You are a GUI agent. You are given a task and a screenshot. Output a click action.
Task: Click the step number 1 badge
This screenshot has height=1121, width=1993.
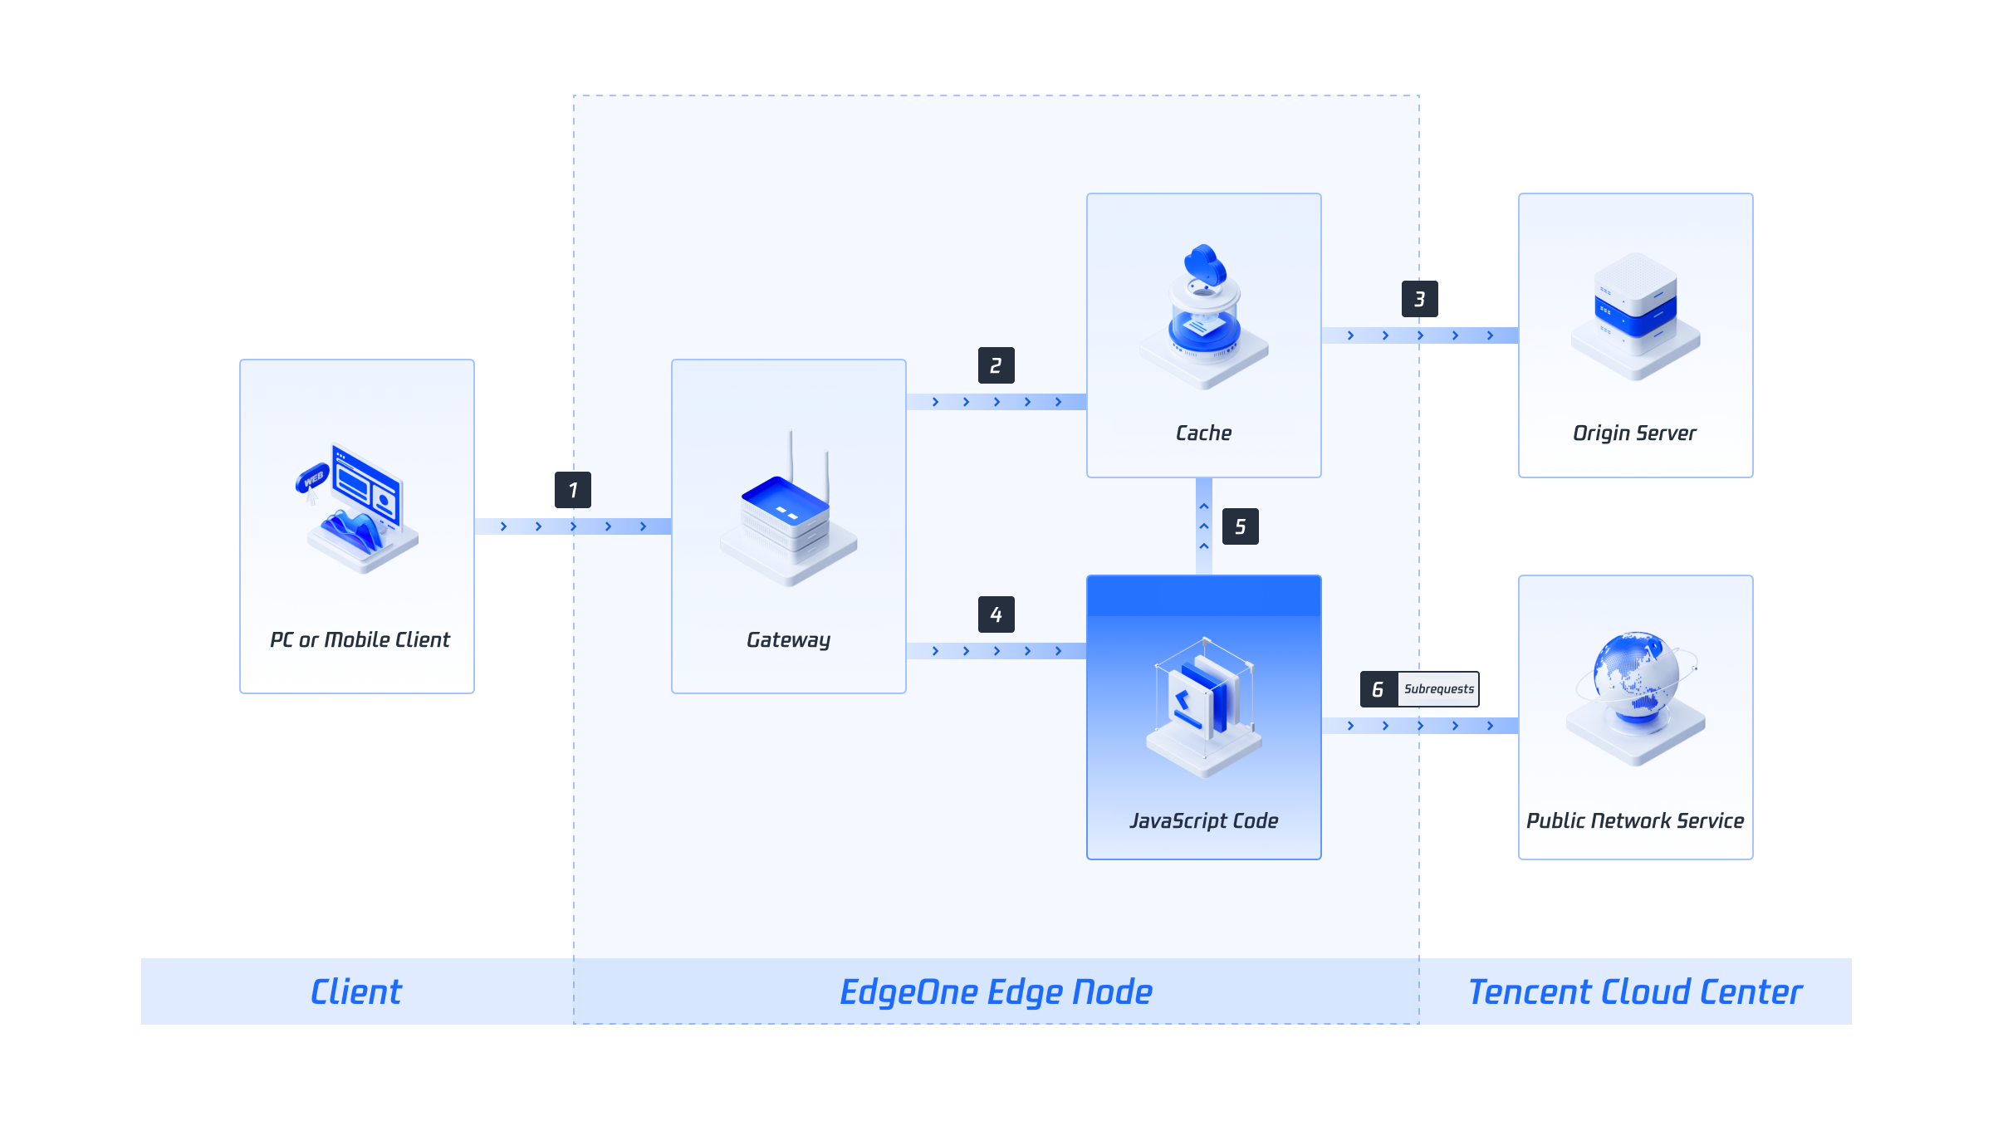572,490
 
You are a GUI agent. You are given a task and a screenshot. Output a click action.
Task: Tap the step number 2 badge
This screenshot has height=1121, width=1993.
996,365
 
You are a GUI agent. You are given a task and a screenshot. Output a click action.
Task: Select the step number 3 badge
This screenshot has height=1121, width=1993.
1419,299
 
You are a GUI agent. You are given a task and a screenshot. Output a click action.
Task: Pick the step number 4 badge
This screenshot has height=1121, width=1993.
996,614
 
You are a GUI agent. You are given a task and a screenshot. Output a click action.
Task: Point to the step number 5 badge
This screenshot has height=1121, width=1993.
1240,526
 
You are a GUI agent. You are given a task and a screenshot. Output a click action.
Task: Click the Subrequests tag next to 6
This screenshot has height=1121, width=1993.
1438,689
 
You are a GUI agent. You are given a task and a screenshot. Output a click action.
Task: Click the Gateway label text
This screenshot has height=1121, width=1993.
788,640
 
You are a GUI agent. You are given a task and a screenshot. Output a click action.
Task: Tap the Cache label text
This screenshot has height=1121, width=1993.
1203,433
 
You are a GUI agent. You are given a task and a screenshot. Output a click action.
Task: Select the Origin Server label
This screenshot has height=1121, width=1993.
1634,433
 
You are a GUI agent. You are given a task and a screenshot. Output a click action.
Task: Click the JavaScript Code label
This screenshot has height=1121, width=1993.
1203,821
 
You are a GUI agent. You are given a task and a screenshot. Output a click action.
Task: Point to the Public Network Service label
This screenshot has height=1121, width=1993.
1634,821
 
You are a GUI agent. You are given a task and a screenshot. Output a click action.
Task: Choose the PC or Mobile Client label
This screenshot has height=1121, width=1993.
359,640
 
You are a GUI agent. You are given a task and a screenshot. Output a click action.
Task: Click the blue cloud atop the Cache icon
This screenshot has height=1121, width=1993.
1205,264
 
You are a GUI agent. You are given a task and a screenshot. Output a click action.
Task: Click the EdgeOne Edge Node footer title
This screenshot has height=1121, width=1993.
996,991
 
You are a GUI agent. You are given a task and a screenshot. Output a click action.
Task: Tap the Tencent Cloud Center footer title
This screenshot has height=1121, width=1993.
1634,991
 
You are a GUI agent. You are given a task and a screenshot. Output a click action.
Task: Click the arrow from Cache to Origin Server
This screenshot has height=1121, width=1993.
1419,335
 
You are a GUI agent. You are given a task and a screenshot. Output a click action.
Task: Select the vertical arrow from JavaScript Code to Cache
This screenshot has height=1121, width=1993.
1203,526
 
